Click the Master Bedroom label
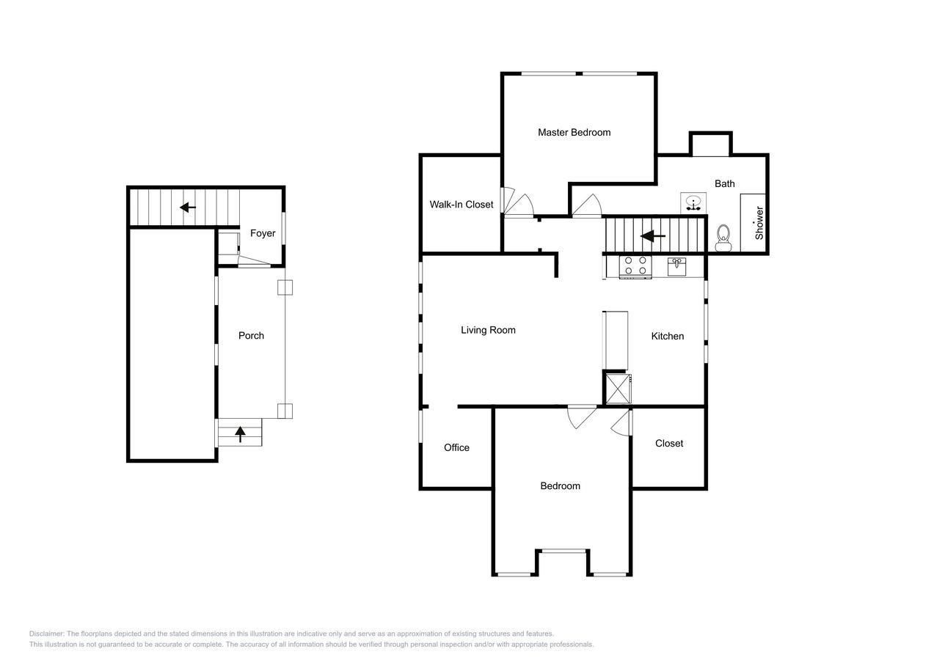click(x=574, y=133)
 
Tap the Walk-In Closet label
click(x=461, y=205)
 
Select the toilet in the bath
click(x=723, y=238)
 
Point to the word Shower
click(x=759, y=222)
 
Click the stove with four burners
click(x=635, y=266)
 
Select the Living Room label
click(x=488, y=330)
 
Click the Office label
click(x=456, y=448)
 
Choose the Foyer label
click(x=263, y=233)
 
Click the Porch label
click(x=251, y=336)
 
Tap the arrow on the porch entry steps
click(x=240, y=434)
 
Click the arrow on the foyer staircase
click(x=188, y=208)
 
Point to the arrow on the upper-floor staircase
click(x=653, y=236)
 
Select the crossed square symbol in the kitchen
click(x=617, y=388)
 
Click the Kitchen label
click(x=668, y=337)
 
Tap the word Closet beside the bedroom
click(x=668, y=444)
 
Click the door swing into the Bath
click(x=588, y=207)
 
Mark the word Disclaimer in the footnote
click(x=47, y=634)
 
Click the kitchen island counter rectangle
click(x=616, y=340)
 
